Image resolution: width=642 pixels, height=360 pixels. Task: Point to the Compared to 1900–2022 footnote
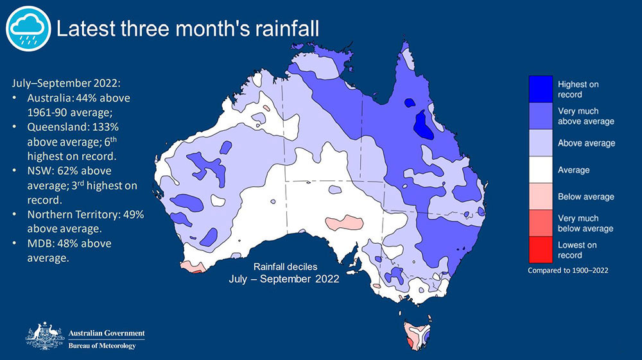568,270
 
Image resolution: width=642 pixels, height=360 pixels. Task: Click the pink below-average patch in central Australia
344,223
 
